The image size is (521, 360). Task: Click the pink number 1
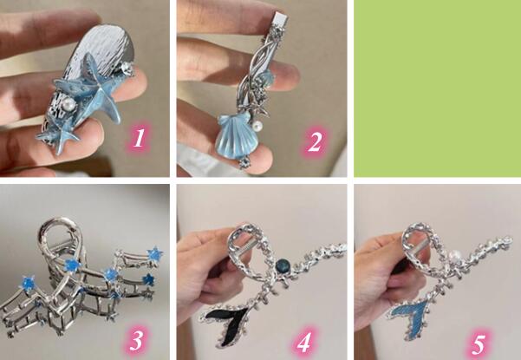click(139, 138)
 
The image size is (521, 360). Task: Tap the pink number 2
click(315, 142)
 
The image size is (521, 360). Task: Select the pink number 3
click(136, 340)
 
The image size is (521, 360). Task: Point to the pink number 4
click(303, 342)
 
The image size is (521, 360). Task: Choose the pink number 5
click(479, 344)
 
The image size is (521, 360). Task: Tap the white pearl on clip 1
click(70, 104)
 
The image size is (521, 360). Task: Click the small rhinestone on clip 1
click(127, 69)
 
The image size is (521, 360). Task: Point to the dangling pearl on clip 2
click(257, 126)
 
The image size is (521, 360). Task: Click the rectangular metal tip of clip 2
click(280, 19)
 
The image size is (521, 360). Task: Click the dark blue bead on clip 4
click(283, 265)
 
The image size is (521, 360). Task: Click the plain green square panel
click(437, 88)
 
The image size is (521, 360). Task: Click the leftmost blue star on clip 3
click(28, 283)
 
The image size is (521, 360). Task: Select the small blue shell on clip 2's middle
click(268, 79)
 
